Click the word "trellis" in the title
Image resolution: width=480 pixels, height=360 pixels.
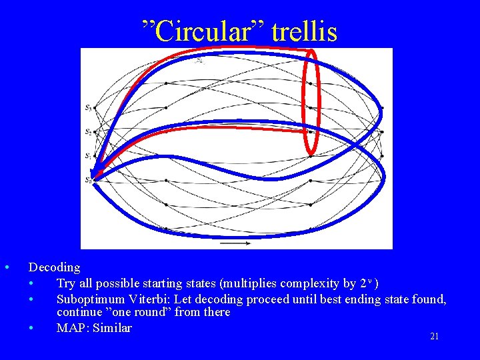[303, 30]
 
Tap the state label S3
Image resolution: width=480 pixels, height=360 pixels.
[89, 107]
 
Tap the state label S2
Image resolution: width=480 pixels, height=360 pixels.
[89, 132]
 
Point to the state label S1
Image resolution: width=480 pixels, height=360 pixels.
[89, 156]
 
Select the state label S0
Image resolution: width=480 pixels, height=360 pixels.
[89, 180]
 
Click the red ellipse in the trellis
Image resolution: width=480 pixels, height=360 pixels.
[311, 103]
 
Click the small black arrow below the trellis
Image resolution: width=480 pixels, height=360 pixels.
[235, 244]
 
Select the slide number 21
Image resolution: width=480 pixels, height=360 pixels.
[434, 337]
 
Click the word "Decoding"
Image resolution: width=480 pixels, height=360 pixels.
[54, 267]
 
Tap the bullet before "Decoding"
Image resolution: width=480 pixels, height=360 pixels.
[7, 268]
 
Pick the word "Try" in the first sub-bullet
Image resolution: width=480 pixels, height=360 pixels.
[67, 283]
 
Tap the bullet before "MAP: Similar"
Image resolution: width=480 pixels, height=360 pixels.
[32, 328]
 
